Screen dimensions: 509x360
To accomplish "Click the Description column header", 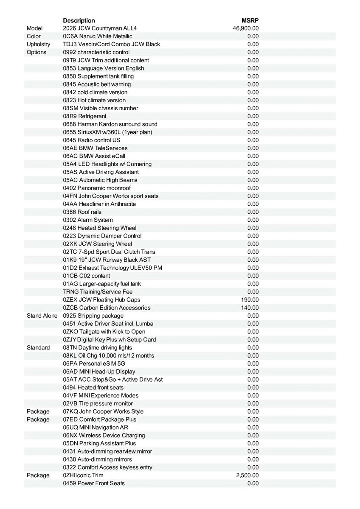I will click(79, 20).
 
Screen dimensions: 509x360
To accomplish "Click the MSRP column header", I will click(250, 20).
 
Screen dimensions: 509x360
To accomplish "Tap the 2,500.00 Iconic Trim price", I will click(247, 475).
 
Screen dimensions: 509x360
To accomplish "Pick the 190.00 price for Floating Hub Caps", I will click(250, 300).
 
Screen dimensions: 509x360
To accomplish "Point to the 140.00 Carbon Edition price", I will click(250, 308).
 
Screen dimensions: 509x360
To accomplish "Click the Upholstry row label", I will click(38, 45).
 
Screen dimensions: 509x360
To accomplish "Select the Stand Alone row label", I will click(42, 316).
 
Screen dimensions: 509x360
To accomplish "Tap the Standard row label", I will click(38, 348).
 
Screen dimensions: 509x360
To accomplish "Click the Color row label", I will click(34, 36).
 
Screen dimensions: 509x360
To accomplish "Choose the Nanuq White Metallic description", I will click(98, 36).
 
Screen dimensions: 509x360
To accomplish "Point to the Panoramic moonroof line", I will click(97, 188).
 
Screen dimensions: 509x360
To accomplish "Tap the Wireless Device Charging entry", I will click(104, 436).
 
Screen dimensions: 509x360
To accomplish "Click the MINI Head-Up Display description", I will click(99, 372).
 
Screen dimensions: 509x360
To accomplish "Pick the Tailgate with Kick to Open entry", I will click(104, 332).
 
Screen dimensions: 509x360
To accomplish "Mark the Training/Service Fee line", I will click(98, 292).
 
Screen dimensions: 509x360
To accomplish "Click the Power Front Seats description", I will click(94, 484).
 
